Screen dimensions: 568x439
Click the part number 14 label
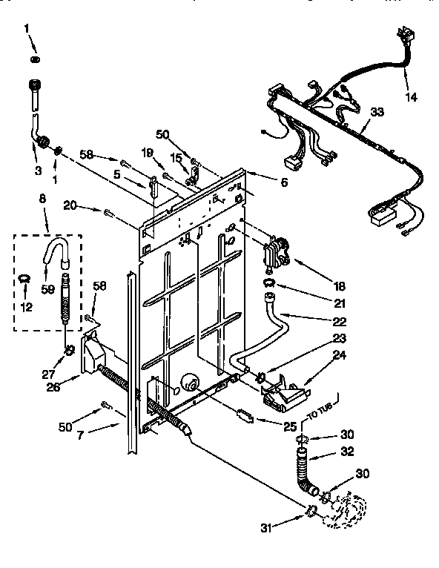pyautogui.click(x=411, y=97)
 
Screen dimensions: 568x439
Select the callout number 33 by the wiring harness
pyautogui.click(x=377, y=112)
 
